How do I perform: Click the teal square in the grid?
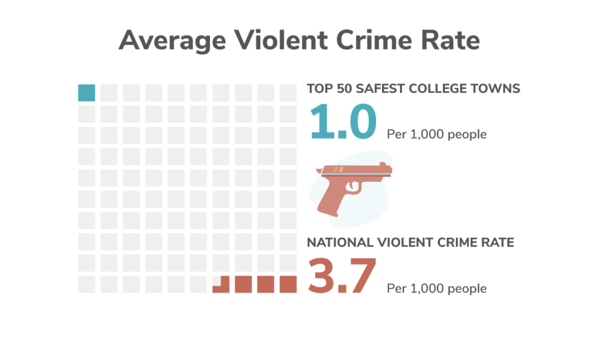click(x=87, y=92)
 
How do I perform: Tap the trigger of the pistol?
click(x=354, y=186)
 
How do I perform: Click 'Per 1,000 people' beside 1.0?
click(x=436, y=135)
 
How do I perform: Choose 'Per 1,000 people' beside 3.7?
click(x=436, y=289)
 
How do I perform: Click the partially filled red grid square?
click(x=221, y=285)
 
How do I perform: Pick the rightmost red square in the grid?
click(x=288, y=284)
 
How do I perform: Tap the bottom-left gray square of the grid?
click(x=87, y=284)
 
